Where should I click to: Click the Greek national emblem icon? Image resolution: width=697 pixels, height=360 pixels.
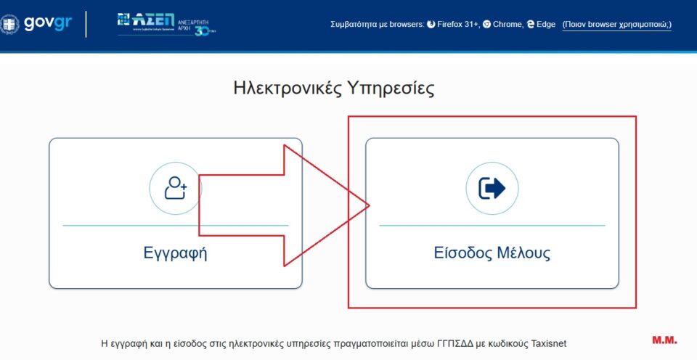(x=9, y=23)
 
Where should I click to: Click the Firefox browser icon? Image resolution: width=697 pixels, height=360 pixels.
(x=431, y=25)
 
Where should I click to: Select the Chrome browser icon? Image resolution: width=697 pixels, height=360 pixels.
(x=486, y=25)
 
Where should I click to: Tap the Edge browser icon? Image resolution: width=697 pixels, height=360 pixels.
(x=531, y=25)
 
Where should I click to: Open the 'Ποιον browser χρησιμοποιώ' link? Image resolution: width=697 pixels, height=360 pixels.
(x=617, y=25)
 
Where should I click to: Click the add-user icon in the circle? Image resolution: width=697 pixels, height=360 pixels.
(x=175, y=188)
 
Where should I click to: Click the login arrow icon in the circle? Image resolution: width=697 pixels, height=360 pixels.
(x=492, y=188)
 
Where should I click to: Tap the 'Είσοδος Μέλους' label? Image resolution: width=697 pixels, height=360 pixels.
(x=492, y=253)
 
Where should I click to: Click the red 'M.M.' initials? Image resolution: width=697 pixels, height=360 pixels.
(x=664, y=340)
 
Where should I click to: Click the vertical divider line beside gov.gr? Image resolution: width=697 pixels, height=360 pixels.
(x=87, y=23)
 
